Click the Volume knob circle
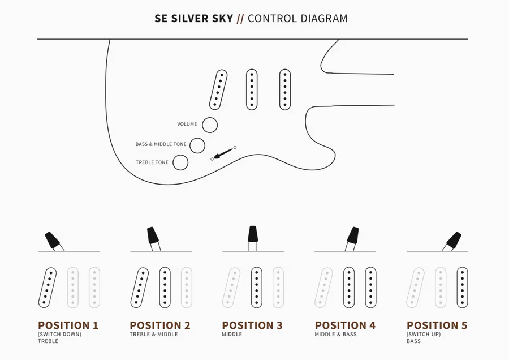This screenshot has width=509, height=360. pyautogui.click(x=210, y=125)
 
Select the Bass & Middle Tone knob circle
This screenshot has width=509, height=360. pyautogui.click(x=197, y=145)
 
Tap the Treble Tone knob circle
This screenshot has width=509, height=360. pyautogui.click(x=180, y=162)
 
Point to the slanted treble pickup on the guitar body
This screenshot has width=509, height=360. pyautogui.click(x=218, y=89)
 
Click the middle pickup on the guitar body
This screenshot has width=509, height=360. pyautogui.click(x=252, y=89)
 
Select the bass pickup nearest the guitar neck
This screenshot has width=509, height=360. pyautogui.click(x=285, y=89)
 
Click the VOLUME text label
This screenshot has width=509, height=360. pyautogui.click(x=187, y=124)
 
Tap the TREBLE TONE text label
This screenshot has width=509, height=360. pyautogui.click(x=152, y=162)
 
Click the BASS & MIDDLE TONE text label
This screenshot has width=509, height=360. pyautogui.click(x=161, y=144)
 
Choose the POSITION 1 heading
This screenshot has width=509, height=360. pyautogui.click(x=68, y=325)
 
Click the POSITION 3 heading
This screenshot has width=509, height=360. pyautogui.click(x=252, y=325)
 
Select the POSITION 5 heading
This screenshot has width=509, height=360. pyautogui.click(x=437, y=325)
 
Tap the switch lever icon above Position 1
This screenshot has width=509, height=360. pyautogui.click(x=53, y=241)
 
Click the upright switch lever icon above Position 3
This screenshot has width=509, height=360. pyautogui.click(x=253, y=235)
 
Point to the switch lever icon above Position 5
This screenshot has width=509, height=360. pyautogui.click(x=453, y=240)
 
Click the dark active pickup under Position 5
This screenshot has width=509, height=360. pyautogui.click(x=463, y=288)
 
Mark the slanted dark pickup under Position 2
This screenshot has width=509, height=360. pyautogui.click(x=140, y=288)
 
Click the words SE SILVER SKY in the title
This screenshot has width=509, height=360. pyautogui.click(x=193, y=18)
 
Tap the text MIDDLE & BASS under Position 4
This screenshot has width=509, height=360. pyautogui.click(x=336, y=335)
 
